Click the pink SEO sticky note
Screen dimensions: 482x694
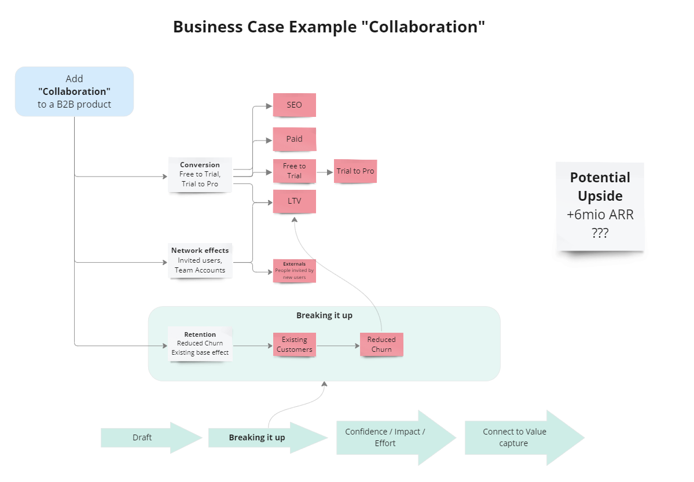click(294, 105)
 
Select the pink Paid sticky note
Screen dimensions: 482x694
click(294, 139)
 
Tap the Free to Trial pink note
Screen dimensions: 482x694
click(294, 171)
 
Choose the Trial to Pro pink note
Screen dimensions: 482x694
click(355, 171)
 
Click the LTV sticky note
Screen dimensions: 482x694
click(294, 201)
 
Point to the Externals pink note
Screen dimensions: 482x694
click(294, 270)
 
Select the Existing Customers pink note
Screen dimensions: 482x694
click(294, 344)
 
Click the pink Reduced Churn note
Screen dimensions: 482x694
click(381, 344)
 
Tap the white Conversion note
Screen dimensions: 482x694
click(200, 174)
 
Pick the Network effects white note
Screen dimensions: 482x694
click(200, 260)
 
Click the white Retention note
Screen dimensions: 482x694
click(200, 344)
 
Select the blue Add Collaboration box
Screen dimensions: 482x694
click(74, 91)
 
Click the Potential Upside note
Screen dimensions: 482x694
click(600, 206)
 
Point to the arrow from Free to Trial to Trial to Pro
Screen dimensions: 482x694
click(325, 172)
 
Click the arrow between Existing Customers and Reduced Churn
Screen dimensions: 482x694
click(338, 346)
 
